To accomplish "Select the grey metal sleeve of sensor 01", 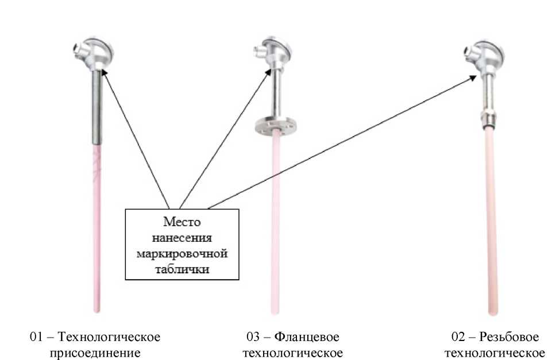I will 96,109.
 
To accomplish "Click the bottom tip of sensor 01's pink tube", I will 96,310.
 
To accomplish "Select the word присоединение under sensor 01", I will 95,351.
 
